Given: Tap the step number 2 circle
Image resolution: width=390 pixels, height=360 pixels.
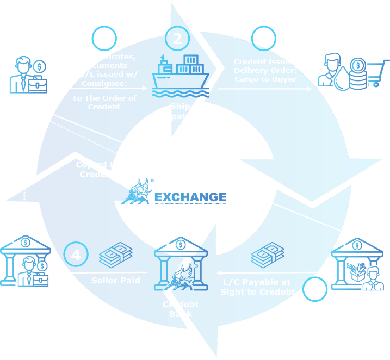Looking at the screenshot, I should (x=177, y=39).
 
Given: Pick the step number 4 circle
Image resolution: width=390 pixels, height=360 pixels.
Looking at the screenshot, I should (x=76, y=255).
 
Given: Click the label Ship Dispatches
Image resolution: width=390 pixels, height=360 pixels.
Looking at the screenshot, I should (x=181, y=111).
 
